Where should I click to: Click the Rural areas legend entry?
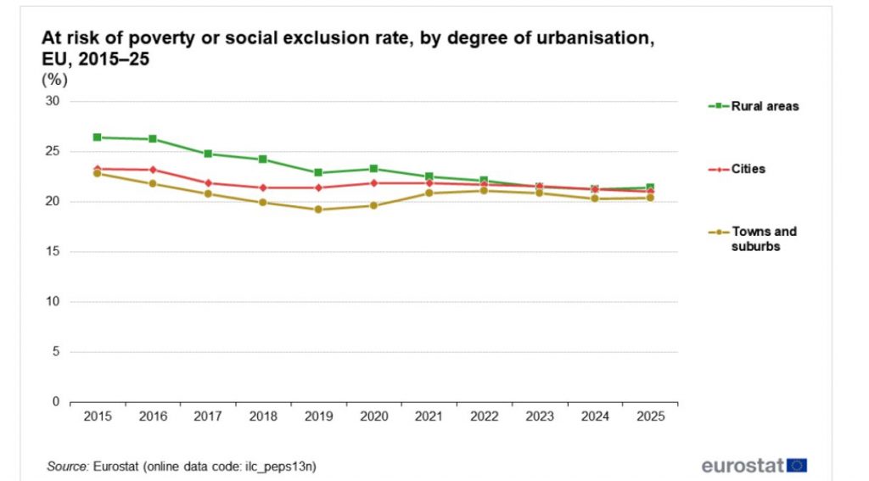click(x=754, y=106)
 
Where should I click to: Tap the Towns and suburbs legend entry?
click(x=753, y=239)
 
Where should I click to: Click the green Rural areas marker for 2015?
click(x=97, y=137)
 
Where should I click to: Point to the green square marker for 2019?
click(x=318, y=172)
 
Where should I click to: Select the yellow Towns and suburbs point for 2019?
click(x=318, y=210)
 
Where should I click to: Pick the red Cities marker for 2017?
click(x=208, y=183)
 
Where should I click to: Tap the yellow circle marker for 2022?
click(x=484, y=191)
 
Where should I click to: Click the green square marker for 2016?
click(x=153, y=138)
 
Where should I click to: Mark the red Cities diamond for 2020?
click(x=373, y=183)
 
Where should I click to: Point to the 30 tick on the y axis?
click(x=53, y=101)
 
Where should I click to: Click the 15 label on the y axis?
click(x=53, y=252)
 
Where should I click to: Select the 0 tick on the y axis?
click(x=56, y=402)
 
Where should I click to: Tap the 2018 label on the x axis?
click(x=263, y=417)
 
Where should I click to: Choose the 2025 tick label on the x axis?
click(x=650, y=417)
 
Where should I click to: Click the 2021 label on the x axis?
click(x=429, y=417)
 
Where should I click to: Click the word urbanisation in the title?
click(x=597, y=37)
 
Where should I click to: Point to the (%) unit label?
click(x=54, y=80)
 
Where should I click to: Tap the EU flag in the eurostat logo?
click(x=796, y=465)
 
